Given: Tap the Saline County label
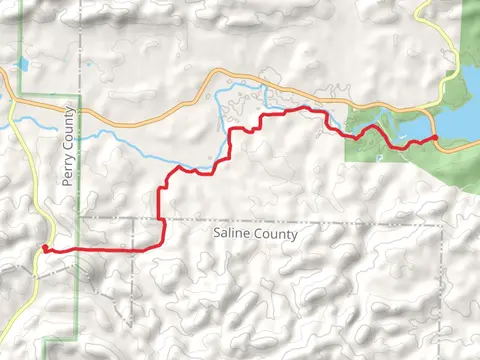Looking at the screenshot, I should [x=256, y=233].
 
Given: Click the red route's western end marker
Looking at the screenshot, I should [x=45, y=248].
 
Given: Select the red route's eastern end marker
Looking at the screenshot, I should [x=435, y=138].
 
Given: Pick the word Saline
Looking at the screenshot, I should [x=234, y=233].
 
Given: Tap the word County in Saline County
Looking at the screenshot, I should [x=277, y=233].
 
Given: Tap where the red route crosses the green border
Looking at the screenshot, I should [x=78, y=249].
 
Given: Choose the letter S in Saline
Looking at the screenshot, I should [x=218, y=233].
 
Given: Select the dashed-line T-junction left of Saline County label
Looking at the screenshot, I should [x=133, y=218].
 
